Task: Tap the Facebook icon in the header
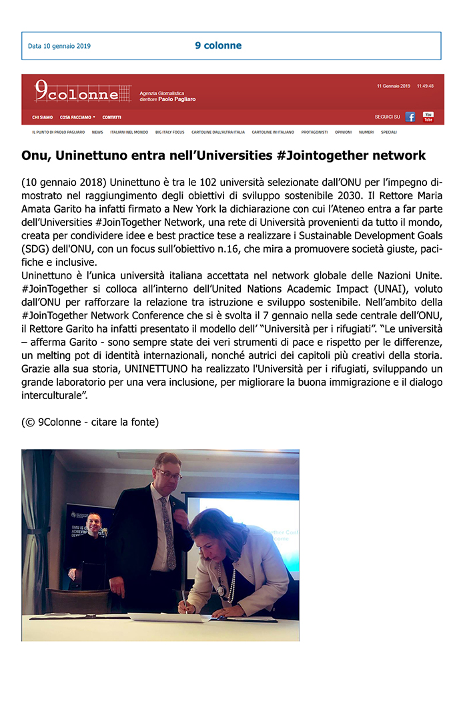point(410,117)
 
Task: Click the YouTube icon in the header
point(428,117)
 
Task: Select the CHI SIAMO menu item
point(43,117)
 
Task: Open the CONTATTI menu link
point(112,117)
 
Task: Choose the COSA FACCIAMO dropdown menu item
point(77,117)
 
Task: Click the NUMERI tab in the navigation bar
point(366,132)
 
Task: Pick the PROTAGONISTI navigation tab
point(314,132)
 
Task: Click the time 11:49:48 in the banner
point(425,86)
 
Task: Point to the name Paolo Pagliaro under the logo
point(177,99)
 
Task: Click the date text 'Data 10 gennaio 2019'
point(59,46)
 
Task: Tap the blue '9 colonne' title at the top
point(218,45)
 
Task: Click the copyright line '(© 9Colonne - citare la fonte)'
point(90,422)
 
